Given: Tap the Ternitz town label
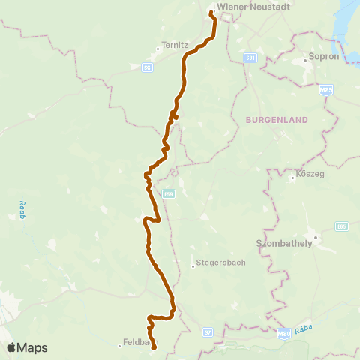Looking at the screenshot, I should coord(174,44).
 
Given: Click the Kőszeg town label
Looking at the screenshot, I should coord(309,178).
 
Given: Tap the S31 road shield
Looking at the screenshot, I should coord(250,57).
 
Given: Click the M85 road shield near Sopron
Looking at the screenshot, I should coord(325,90).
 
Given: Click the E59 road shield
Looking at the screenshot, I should coord(170,193).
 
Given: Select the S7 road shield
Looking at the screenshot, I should coord(208,330).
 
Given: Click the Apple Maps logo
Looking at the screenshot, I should coord(28,347).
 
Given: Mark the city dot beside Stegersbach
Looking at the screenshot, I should coord(193,263).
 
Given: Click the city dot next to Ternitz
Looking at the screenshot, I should coord(157,49).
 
